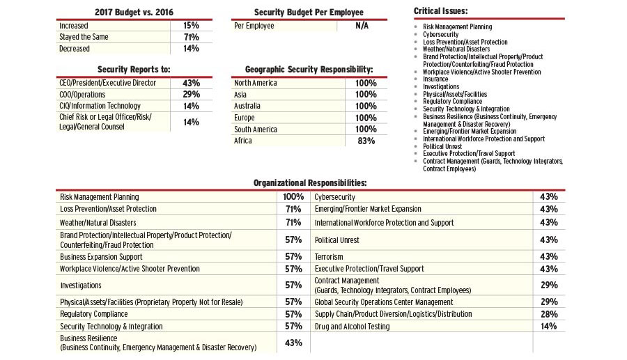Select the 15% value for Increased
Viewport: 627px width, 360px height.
click(x=191, y=26)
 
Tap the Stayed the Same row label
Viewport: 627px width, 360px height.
click(x=84, y=37)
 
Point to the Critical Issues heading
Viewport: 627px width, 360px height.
click(x=440, y=11)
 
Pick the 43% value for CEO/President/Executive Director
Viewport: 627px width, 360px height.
click(x=191, y=83)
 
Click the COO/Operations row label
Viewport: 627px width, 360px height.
click(x=83, y=95)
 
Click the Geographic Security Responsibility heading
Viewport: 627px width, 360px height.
click(x=309, y=70)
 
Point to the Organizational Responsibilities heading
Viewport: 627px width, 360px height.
click(x=310, y=182)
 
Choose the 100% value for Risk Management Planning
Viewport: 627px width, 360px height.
click(x=293, y=197)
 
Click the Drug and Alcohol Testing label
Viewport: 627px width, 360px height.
click(x=352, y=327)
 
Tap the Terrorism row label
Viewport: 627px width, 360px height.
click(x=329, y=257)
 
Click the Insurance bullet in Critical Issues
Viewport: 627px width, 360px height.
click(x=435, y=79)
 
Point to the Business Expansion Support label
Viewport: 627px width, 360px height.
click(x=101, y=257)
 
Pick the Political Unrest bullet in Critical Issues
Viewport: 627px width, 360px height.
click(x=442, y=146)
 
